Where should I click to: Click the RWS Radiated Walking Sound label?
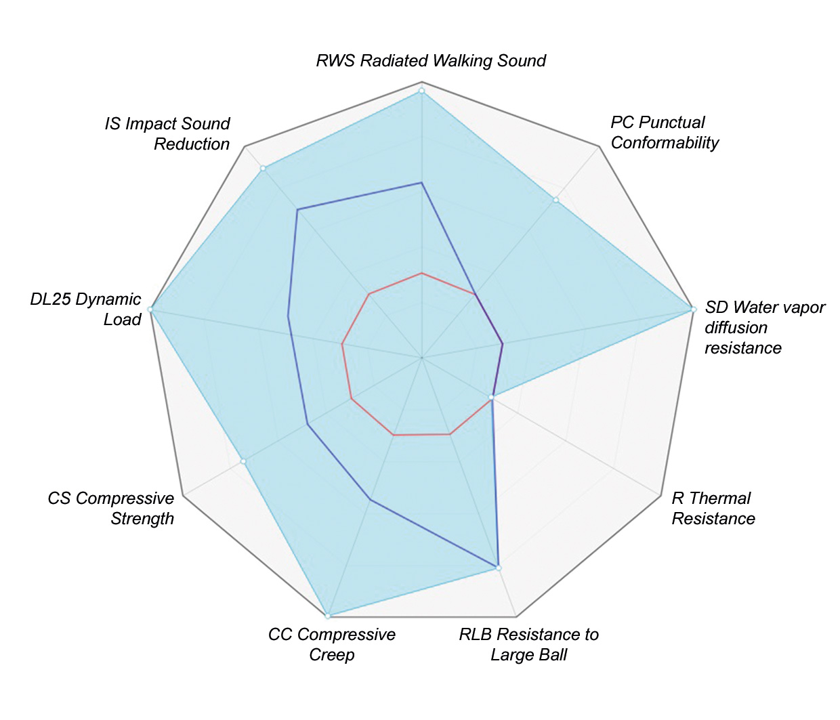[431, 61]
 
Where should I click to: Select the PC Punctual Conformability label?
[664, 133]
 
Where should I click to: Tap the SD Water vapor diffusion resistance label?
[765, 328]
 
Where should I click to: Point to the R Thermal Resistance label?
[713, 509]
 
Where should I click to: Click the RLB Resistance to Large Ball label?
[528, 645]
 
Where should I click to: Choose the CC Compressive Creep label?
[332, 645]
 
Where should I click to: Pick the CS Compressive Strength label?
[111, 509]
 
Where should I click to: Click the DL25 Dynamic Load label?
[86, 310]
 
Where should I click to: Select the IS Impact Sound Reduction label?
[167, 134]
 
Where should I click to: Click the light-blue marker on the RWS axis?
[421, 91]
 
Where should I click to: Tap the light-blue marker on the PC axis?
[555, 200]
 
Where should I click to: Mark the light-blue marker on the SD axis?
[693, 309]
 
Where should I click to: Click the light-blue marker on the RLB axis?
[499, 568]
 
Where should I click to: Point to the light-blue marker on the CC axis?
[328, 616]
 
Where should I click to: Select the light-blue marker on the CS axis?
[243, 461]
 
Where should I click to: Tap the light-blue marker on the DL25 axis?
[150, 309]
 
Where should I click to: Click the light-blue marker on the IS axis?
[263, 168]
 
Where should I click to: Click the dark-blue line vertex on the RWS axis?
[421, 182]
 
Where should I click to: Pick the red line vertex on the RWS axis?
[421, 273]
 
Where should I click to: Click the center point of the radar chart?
[421, 357]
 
